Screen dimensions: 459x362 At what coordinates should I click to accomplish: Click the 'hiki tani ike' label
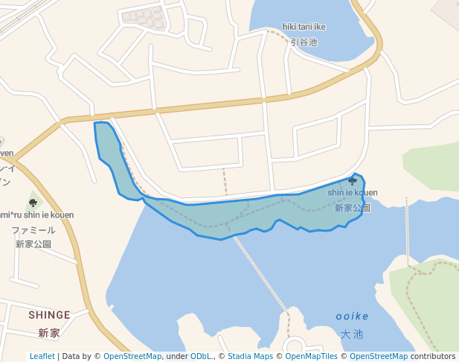tap(304, 28)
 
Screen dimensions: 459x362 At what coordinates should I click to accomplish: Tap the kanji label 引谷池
tap(304, 42)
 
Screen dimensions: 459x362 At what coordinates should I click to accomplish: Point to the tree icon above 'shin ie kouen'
tap(353, 181)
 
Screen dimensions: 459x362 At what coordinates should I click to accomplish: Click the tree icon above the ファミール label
tap(33, 203)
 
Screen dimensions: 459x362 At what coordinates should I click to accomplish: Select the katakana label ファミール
tap(33, 230)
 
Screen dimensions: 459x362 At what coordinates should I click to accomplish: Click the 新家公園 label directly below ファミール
tap(33, 244)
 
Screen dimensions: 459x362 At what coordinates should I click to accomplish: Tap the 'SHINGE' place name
tap(49, 315)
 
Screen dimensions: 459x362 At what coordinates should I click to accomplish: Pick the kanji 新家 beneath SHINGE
tap(49, 333)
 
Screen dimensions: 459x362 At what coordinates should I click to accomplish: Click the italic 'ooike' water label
tap(352, 317)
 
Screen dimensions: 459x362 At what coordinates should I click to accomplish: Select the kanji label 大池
tap(352, 334)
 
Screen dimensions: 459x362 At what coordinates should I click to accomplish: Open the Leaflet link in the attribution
tap(42, 357)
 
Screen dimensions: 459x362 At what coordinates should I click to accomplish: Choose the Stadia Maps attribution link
tap(250, 357)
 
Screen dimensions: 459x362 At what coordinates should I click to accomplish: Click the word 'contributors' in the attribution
tap(433, 357)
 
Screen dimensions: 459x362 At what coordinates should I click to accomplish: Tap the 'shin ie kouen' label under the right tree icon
tap(353, 193)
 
